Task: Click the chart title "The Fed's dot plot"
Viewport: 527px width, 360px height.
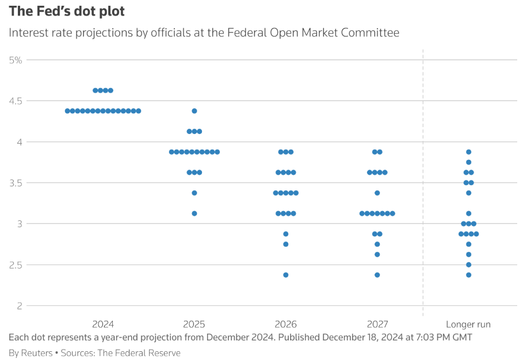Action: click(x=67, y=11)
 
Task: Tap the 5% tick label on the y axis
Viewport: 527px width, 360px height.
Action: click(x=16, y=59)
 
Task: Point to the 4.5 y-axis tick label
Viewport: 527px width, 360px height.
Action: click(x=15, y=101)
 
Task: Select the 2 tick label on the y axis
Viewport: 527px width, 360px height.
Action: click(x=19, y=305)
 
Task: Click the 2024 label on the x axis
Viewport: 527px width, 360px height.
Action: click(x=103, y=324)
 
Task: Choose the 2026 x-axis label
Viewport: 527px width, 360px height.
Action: click(x=286, y=324)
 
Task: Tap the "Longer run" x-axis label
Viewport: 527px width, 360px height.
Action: click(x=468, y=324)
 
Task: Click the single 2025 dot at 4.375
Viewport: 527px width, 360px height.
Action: click(x=194, y=111)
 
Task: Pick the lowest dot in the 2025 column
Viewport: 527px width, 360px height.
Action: click(x=194, y=213)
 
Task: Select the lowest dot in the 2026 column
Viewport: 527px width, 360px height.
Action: click(x=286, y=275)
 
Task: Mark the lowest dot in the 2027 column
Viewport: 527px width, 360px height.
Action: click(x=377, y=275)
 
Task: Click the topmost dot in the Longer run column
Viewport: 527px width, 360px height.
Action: click(x=469, y=152)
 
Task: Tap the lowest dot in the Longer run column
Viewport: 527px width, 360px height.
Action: click(x=469, y=275)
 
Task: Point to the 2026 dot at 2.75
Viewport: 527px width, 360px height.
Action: click(x=286, y=244)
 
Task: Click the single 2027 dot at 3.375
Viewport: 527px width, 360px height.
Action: click(x=377, y=193)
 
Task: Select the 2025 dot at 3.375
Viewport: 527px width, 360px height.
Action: click(x=194, y=193)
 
